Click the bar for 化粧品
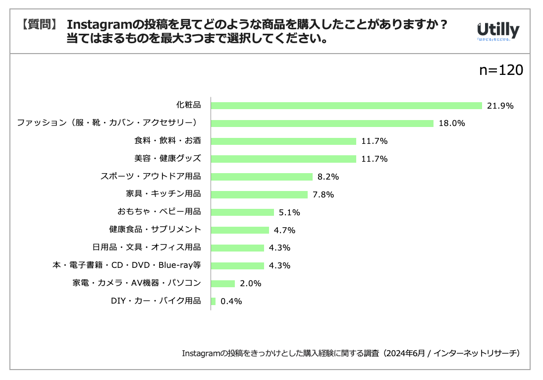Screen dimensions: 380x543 click(x=346, y=106)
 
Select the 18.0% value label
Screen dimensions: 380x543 click(x=451, y=124)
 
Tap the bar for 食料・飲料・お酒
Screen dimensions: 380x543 click(x=283, y=141)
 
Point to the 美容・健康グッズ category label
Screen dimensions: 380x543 click(x=167, y=159)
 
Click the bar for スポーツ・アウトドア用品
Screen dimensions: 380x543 click(x=262, y=177)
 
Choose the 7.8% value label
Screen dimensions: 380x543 click(x=323, y=194)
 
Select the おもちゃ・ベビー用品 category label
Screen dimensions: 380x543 click(x=159, y=212)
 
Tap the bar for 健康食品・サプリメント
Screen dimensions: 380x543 click(x=240, y=230)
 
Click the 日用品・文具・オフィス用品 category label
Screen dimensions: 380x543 click(x=147, y=248)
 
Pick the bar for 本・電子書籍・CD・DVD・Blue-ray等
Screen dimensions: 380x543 click(x=237, y=265)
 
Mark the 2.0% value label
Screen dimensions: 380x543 click(x=250, y=284)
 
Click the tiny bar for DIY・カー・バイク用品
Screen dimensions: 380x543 click(x=213, y=301)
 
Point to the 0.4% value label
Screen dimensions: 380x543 click(x=231, y=301)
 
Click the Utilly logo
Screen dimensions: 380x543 click(x=497, y=31)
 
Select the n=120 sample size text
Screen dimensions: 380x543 click(x=501, y=70)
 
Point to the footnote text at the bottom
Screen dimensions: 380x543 click(x=351, y=353)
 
